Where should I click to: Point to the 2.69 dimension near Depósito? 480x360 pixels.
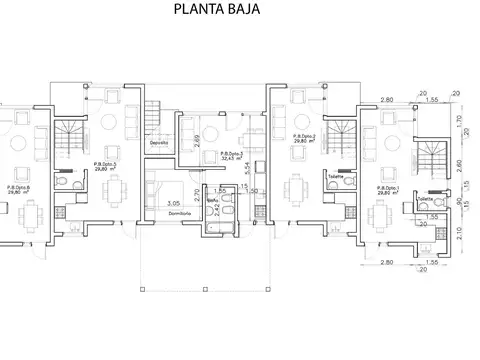(197, 141)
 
